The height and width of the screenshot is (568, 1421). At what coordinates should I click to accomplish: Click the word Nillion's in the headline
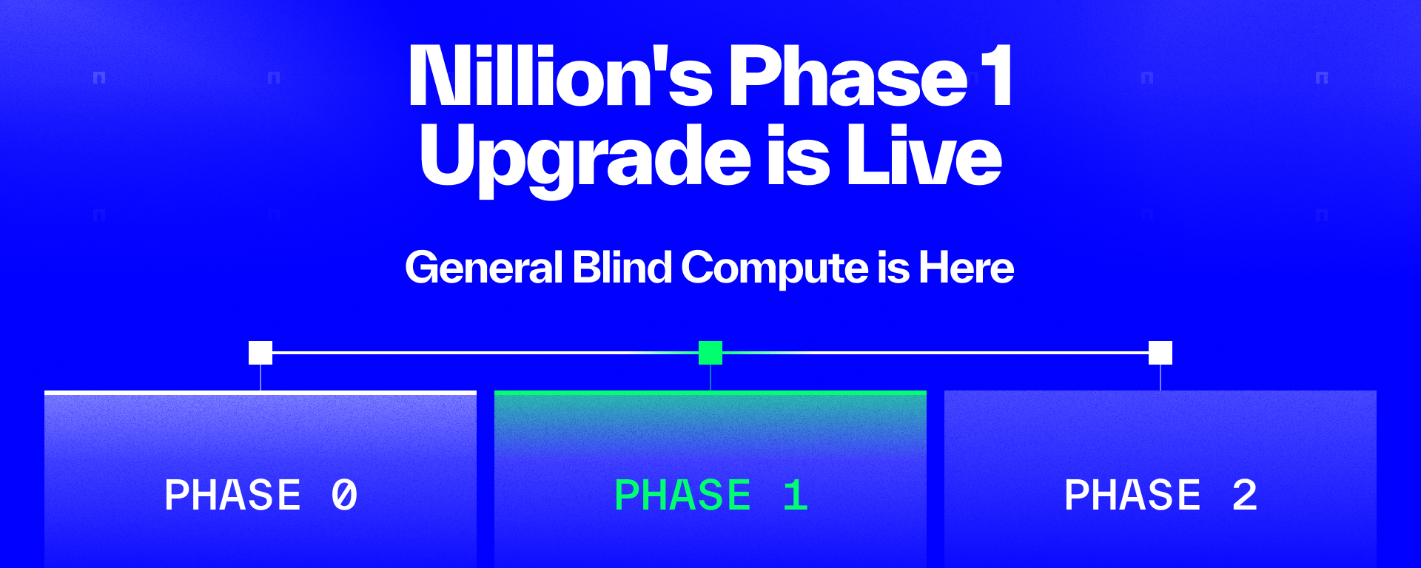click(560, 75)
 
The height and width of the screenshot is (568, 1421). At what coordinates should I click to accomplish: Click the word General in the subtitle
click(484, 267)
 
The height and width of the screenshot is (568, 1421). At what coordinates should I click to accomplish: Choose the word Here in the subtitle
click(966, 267)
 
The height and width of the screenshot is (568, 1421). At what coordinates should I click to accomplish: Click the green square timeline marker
click(710, 353)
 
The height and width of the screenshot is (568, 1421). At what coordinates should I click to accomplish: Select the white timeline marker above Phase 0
click(261, 353)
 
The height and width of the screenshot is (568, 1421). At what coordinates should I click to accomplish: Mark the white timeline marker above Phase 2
click(1160, 353)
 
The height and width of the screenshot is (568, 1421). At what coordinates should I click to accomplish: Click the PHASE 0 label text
click(261, 495)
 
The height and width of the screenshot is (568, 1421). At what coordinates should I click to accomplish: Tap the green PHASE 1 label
click(711, 495)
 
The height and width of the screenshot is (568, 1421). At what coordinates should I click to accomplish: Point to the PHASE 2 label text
click(1161, 495)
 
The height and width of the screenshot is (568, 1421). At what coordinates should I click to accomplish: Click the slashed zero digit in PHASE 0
click(345, 495)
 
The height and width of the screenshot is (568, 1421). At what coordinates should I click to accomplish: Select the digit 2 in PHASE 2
click(1245, 495)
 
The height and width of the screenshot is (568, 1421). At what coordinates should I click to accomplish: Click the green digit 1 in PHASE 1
click(796, 495)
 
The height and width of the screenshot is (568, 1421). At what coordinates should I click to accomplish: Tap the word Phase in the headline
click(848, 75)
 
